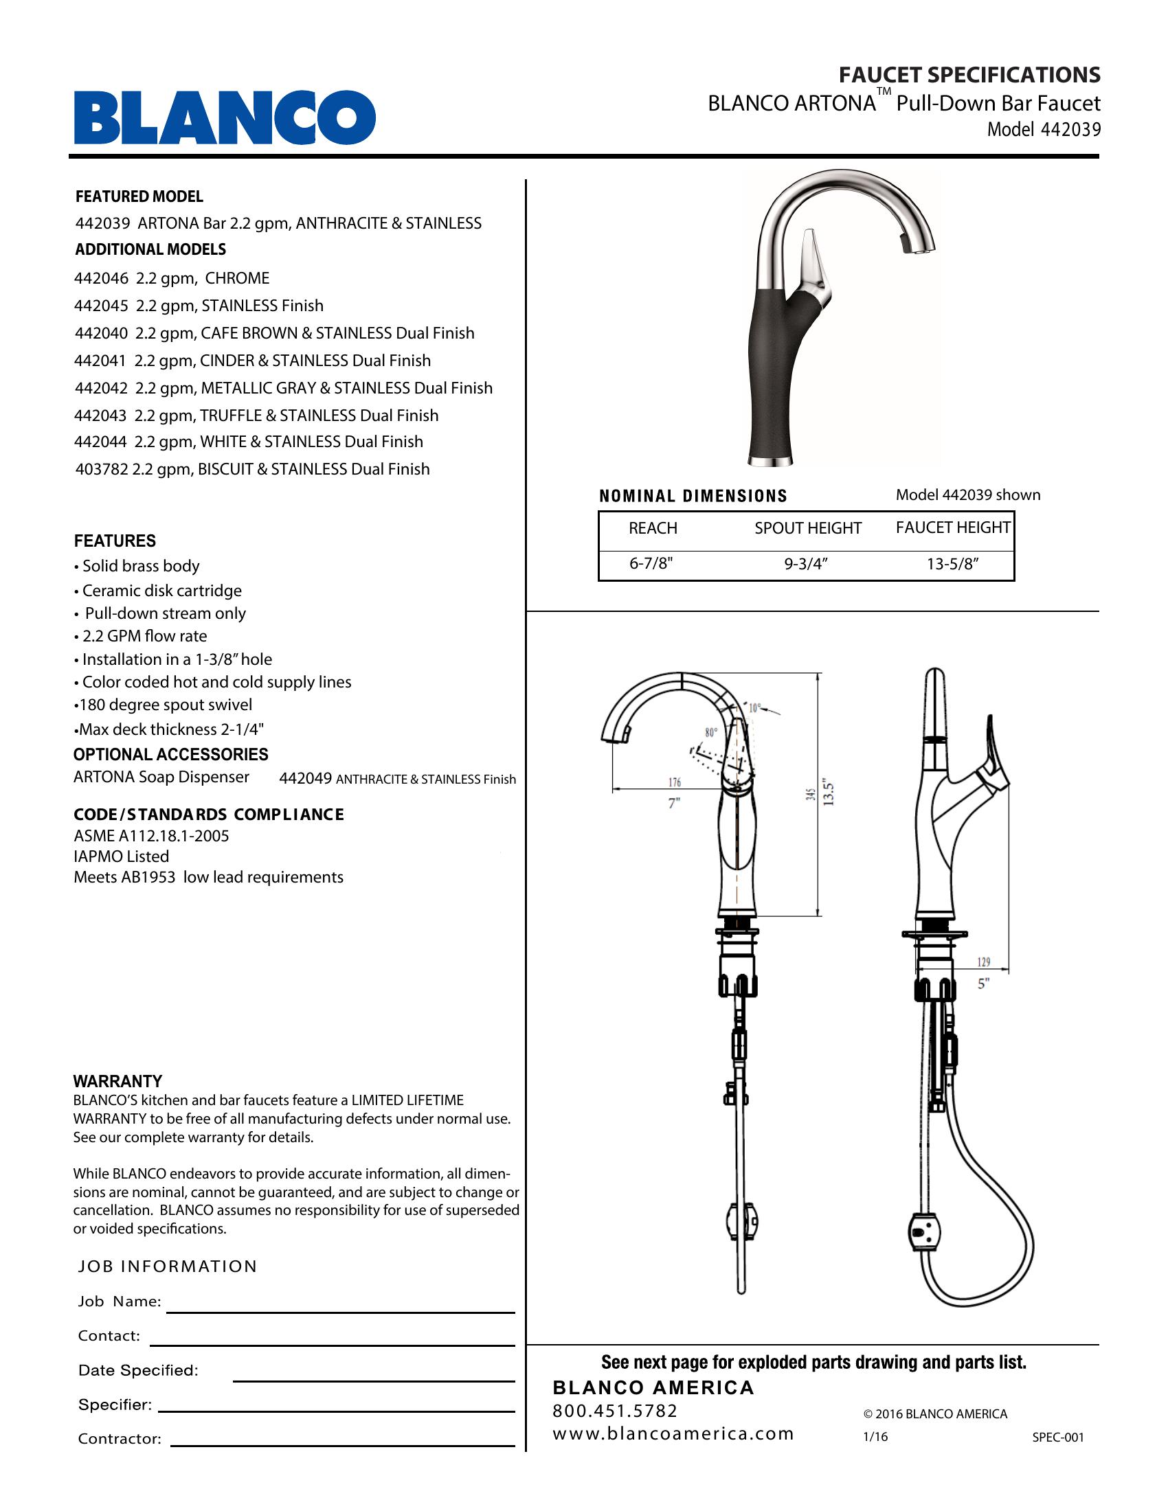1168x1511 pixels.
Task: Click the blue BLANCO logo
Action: point(225,117)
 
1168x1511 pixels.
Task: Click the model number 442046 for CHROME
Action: point(101,278)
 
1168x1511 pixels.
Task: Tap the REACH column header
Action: point(653,528)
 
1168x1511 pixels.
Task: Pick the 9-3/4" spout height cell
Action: point(805,564)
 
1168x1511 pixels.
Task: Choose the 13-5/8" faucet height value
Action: point(952,564)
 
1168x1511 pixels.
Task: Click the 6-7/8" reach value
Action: point(651,564)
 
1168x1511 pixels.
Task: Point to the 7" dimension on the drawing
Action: point(674,804)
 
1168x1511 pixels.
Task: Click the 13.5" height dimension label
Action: point(830,793)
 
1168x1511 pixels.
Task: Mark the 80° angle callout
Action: point(710,732)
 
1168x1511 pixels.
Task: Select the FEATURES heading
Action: point(115,541)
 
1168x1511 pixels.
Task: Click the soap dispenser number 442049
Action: point(305,778)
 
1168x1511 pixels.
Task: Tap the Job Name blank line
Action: point(340,1311)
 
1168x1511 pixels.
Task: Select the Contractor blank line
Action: point(343,1445)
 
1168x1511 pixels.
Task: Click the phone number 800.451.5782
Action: point(615,1411)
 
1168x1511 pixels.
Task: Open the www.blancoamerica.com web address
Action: point(673,1433)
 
